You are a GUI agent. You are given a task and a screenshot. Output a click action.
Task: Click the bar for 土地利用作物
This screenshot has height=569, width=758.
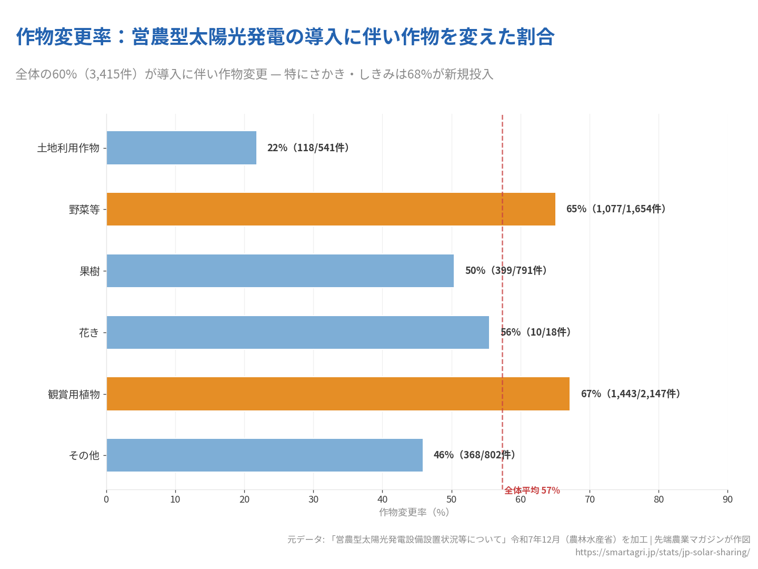tap(182, 148)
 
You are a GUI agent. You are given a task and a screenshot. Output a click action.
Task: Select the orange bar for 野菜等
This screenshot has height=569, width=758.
tap(331, 209)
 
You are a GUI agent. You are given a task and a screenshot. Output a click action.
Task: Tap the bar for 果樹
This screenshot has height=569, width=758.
tap(280, 271)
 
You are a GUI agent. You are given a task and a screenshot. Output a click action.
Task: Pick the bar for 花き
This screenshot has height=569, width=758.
tap(297, 332)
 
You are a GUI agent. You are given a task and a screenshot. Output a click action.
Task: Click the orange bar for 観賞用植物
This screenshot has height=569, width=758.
tap(338, 394)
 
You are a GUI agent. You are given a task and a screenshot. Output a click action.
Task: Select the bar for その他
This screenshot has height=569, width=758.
tap(264, 455)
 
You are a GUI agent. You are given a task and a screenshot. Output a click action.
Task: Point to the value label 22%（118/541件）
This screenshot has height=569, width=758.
tap(308, 148)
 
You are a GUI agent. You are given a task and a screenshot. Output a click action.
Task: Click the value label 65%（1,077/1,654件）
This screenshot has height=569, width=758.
tap(616, 209)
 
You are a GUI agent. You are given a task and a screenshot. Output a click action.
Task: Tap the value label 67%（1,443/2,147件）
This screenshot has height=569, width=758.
tap(631, 394)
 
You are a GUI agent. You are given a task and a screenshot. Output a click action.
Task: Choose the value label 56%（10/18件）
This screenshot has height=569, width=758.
tap(536, 332)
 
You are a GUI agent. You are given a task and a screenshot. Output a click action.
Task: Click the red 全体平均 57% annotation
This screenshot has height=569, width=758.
tap(532, 490)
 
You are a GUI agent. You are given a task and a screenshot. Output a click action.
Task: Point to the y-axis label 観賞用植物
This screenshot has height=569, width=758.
tap(74, 394)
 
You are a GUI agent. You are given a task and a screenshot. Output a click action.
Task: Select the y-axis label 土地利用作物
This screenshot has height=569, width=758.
tap(68, 148)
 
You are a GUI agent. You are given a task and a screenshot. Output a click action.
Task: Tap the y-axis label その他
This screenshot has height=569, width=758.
tap(84, 455)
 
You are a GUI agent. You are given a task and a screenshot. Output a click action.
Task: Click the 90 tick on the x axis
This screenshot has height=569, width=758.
tap(727, 499)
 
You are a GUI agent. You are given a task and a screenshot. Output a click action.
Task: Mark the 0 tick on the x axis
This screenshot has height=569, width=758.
tap(106, 499)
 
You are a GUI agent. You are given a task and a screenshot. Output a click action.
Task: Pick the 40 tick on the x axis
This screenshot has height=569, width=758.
tap(382, 499)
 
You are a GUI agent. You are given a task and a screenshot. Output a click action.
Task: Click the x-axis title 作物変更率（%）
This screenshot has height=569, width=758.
tap(414, 512)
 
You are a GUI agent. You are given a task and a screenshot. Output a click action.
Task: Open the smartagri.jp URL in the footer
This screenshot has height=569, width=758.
tap(662, 552)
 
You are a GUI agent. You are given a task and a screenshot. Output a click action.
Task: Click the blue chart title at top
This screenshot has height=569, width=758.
tap(285, 37)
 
